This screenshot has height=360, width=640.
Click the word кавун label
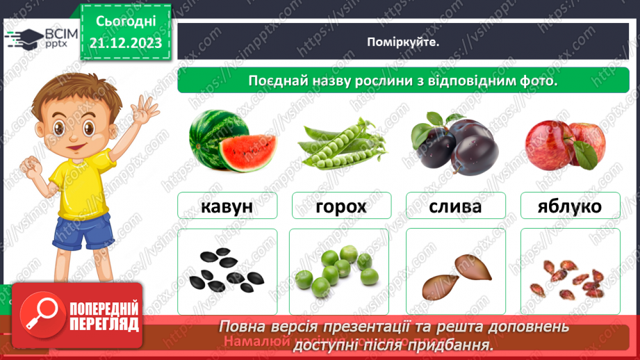pos(227,206)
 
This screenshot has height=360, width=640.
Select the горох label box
pos(340,206)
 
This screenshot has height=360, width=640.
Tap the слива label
pos(455,206)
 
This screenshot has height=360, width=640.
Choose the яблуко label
pos(570,206)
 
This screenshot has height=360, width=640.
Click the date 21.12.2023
pos(125,43)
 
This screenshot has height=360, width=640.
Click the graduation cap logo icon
pos(23,38)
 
